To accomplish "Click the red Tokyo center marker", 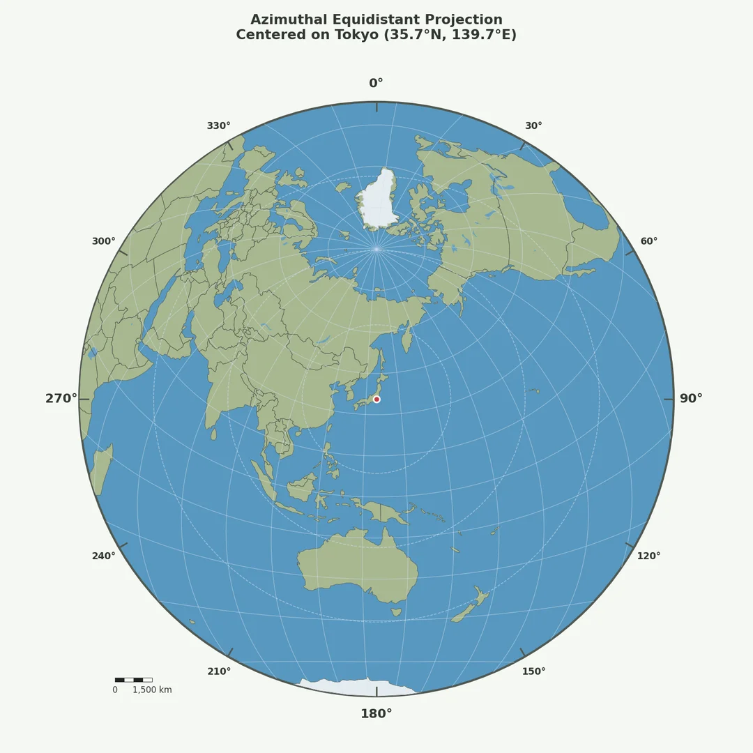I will (x=376, y=400).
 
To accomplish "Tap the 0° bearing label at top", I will (x=376, y=84).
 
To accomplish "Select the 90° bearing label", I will (x=691, y=399).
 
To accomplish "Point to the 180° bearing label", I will (x=376, y=714).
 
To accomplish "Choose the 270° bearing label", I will (x=61, y=399).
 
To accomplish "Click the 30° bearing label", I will (x=533, y=126).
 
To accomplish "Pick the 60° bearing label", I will (x=649, y=241).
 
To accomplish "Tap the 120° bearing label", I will (x=648, y=556).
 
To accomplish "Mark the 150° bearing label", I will (x=533, y=671).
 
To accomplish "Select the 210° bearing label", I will (x=219, y=671).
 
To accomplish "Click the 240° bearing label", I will (x=104, y=556).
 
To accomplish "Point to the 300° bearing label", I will (x=104, y=241).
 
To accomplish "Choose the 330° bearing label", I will (x=219, y=126).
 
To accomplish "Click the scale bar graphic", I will (x=133, y=680).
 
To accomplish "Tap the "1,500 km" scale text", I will (x=152, y=690).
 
